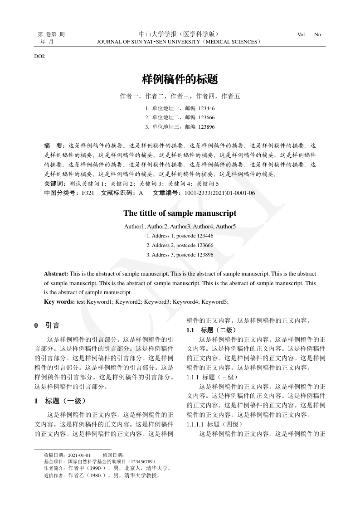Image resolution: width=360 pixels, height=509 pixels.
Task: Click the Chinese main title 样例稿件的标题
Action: (x=180, y=80)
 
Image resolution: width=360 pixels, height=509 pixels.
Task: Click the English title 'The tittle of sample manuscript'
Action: (x=180, y=213)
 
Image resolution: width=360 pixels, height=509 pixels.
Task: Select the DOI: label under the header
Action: (x=39, y=56)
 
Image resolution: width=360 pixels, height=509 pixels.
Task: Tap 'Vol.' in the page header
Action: (x=302, y=34)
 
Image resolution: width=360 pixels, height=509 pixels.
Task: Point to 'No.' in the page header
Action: (x=318, y=34)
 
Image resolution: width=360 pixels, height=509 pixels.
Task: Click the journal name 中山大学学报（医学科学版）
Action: (x=180, y=34)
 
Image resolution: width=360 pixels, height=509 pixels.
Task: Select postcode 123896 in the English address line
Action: (x=205, y=255)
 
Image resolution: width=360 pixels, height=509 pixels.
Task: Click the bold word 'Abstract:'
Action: (x=56, y=274)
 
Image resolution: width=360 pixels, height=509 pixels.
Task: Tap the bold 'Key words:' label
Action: (x=59, y=301)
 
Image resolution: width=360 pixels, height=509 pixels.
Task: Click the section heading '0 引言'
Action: (x=47, y=325)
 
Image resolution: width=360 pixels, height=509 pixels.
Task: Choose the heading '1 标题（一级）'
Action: (x=60, y=401)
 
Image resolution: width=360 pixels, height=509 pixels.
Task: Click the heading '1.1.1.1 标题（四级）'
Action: (x=214, y=424)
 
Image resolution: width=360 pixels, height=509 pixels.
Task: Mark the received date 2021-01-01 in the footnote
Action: (x=79, y=455)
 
